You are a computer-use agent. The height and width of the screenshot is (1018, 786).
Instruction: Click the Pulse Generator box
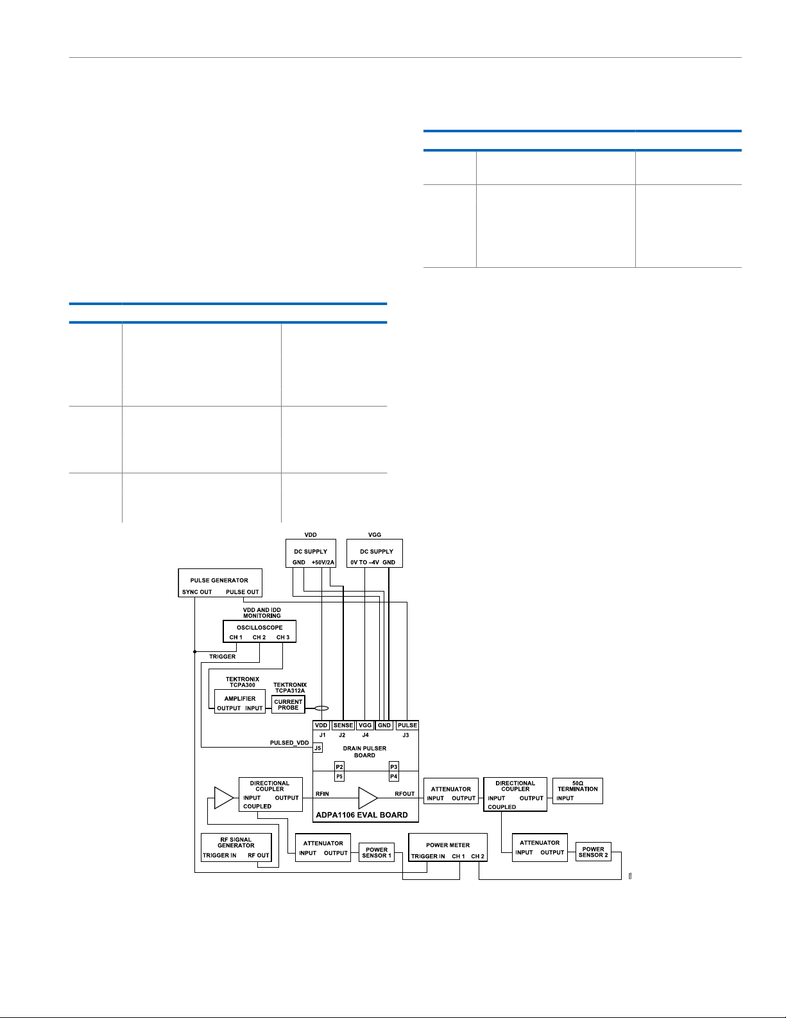coord(220,583)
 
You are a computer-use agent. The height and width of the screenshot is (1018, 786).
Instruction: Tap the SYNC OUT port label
coord(197,592)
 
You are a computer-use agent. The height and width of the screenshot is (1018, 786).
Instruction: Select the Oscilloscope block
coord(260,631)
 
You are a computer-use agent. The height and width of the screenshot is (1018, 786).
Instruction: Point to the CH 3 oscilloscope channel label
coord(282,637)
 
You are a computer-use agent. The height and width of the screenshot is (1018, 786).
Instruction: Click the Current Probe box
coord(288,704)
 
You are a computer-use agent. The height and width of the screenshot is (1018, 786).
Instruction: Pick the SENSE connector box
coord(343,725)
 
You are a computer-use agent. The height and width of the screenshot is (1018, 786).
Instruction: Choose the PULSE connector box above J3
coord(407,725)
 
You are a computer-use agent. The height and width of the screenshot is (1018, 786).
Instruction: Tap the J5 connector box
coord(318,748)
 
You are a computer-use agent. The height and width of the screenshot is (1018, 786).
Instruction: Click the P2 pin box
coord(339,766)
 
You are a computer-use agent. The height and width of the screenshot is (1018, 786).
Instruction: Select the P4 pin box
coord(394,777)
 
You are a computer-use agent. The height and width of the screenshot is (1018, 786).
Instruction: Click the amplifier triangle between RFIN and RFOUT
coord(368,798)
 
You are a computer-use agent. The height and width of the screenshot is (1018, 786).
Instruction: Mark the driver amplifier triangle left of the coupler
coord(224,798)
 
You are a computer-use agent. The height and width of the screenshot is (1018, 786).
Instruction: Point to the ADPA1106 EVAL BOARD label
coord(362,814)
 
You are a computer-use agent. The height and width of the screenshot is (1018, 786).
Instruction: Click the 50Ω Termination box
coord(577,791)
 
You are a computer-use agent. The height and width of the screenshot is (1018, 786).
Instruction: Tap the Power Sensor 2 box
coord(594,852)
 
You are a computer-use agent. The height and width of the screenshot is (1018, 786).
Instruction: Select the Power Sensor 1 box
coord(377,852)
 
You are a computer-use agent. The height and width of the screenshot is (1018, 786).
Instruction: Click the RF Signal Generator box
coord(236,847)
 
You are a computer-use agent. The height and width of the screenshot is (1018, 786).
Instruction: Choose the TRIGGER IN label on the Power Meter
coord(428,856)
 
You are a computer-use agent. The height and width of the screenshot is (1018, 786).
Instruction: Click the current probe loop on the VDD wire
coord(321,708)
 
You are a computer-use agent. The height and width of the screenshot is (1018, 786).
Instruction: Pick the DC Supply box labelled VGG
coord(374,553)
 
